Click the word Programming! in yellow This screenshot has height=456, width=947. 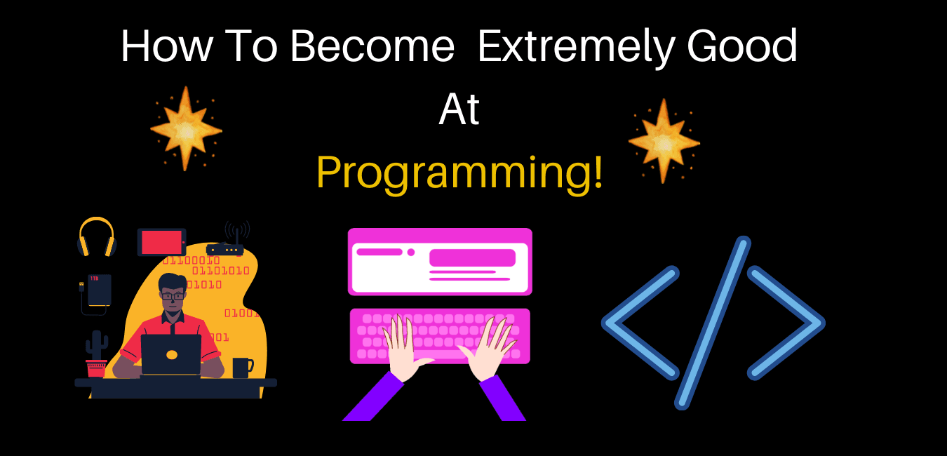(x=459, y=173)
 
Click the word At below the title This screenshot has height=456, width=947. (x=459, y=110)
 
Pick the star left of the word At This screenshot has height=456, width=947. (x=186, y=129)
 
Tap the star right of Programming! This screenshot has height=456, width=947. (x=664, y=141)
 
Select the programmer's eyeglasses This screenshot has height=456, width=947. (x=173, y=296)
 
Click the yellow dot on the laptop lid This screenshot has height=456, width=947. (x=172, y=355)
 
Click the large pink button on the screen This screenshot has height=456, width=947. (x=472, y=257)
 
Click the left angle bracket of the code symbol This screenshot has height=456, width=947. (x=639, y=323)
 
